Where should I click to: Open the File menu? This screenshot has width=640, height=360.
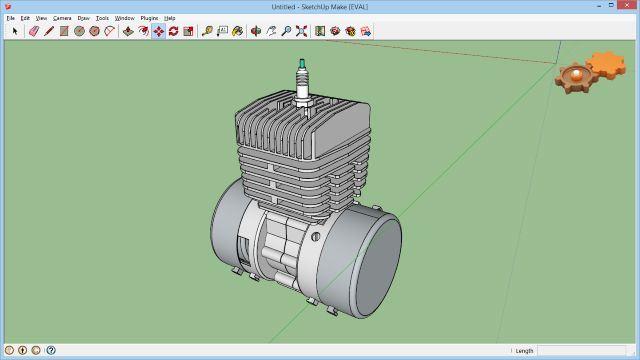pyautogui.click(x=11, y=18)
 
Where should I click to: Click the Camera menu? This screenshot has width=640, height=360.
pyautogui.click(x=62, y=18)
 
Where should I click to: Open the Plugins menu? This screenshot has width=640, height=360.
pyautogui.click(x=149, y=18)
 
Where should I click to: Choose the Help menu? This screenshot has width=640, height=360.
pyautogui.click(x=170, y=18)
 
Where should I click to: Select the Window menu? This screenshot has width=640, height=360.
pyautogui.click(x=124, y=18)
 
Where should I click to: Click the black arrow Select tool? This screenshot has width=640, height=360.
pyautogui.click(x=15, y=31)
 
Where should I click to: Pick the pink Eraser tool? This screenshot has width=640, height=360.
pyautogui.click(x=34, y=31)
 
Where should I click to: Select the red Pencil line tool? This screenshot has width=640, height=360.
pyautogui.click(x=49, y=31)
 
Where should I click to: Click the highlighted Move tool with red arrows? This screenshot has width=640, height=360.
pyautogui.click(x=159, y=31)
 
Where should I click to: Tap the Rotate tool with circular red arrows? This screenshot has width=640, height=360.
pyautogui.click(x=173, y=31)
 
